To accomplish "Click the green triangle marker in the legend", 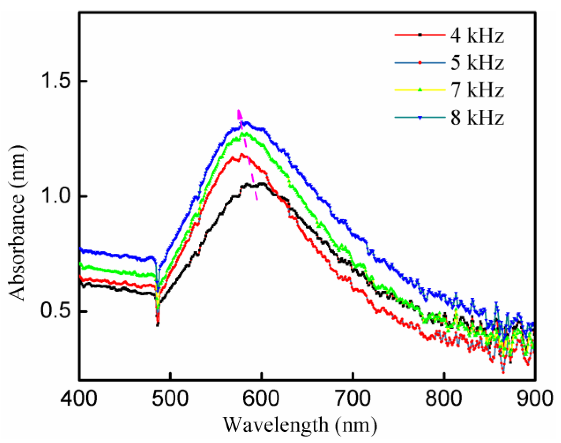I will pyautogui.click(x=420, y=90).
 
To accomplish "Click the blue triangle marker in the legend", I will pyautogui.click(x=420, y=118).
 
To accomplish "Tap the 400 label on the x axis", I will pyautogui.click(x=79, y=399).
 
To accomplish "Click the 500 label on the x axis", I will pyautogui.click(x=170, y=399).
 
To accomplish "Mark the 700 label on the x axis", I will pyautogui.click(x=353, y=399).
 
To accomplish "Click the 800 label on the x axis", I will pyautogui.click(x=444, y=399).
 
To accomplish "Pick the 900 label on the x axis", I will pyautogui.click(x=535, y=399).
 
